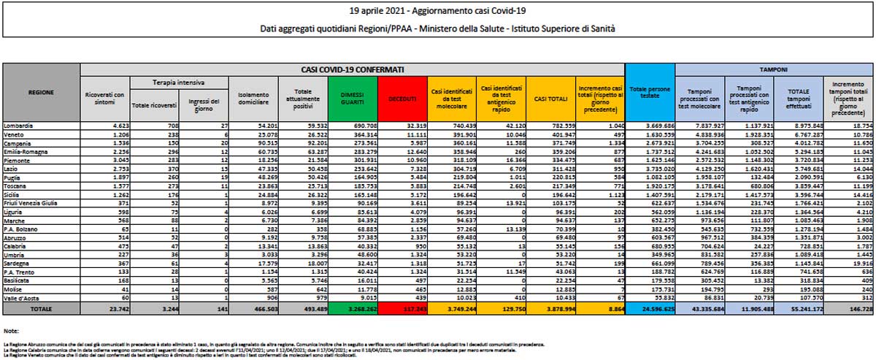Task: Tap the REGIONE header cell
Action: pyautogui.click(x=41, y=94)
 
